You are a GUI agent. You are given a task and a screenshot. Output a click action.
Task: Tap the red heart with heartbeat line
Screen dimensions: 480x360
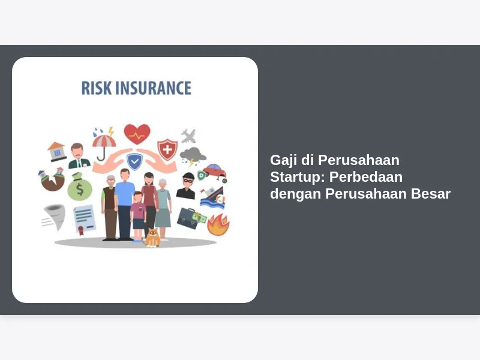[137, 134]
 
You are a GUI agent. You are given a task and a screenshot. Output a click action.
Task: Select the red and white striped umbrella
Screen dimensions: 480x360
[104, 144]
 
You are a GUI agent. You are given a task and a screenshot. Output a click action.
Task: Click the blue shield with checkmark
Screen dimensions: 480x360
[134, 161]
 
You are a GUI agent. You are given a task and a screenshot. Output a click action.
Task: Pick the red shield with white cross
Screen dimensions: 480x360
[167, 149]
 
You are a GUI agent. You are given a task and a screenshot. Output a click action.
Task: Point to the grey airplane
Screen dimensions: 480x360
[188, 136]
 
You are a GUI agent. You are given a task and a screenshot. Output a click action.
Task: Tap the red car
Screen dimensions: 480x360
[215, 173]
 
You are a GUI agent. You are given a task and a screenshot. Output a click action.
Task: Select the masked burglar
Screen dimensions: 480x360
[186, 186]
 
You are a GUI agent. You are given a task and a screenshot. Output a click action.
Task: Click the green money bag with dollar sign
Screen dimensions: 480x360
[80, 187]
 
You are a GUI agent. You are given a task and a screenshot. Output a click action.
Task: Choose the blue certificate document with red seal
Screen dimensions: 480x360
[84, 219]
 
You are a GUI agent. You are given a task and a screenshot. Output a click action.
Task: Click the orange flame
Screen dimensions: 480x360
[218, 225]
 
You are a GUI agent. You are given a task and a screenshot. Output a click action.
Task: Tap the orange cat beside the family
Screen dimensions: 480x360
[153, 238]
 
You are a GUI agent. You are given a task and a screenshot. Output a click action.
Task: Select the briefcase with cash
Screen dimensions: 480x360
[191, 218]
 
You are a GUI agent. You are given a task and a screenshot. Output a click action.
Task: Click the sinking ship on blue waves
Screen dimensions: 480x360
[212, 198]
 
